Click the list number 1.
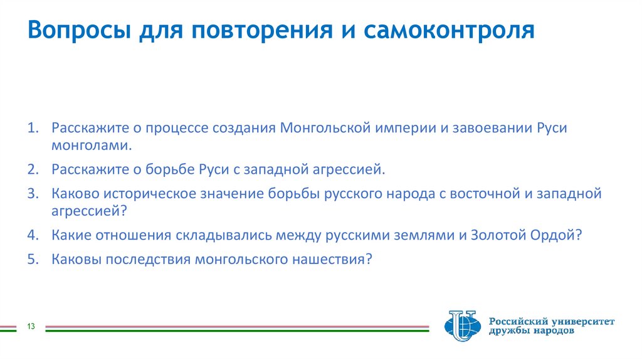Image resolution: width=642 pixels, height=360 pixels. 33,128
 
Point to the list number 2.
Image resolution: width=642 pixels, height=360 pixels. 33,169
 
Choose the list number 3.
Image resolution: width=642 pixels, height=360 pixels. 33,193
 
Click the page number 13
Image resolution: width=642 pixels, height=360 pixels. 30,326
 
